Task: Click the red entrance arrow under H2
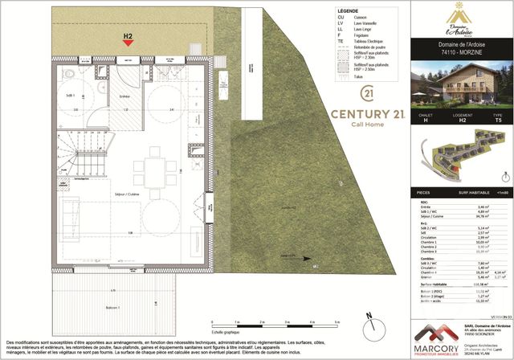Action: (127, 45)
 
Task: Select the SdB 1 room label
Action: (70, 95)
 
